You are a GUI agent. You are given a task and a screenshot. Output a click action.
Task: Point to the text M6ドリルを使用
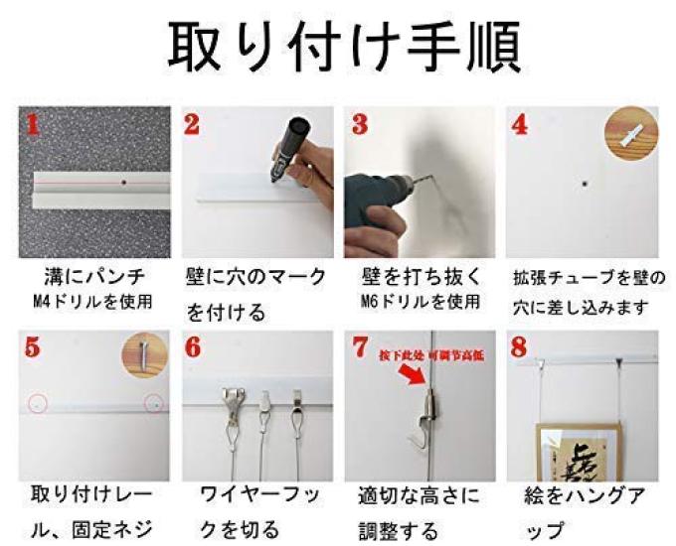tap(418, 300)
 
